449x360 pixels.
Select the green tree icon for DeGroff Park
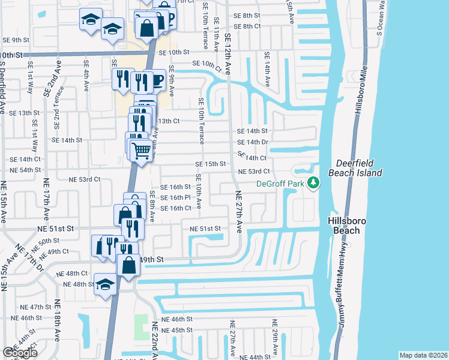coord(312,183)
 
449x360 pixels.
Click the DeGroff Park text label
coord(279,184)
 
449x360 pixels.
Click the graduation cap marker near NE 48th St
coord(106,284)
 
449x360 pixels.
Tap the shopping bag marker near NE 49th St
coord(128,264)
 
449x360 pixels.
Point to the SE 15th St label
coord(210,164)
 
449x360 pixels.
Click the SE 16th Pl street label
coord(176,197)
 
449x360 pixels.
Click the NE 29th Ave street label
coord(276,338)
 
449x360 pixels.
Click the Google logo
coord(20,353)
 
